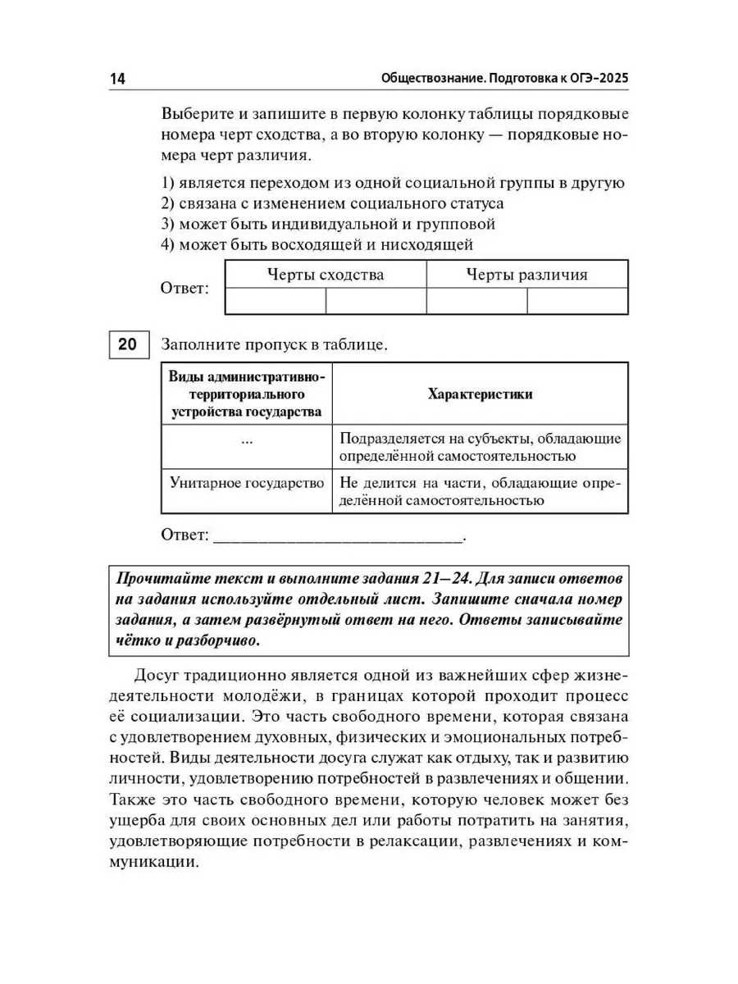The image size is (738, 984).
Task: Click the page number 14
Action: [x=116, y=79]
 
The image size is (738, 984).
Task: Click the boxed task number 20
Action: [x=126, y=345]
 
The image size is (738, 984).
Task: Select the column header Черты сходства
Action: [x=326, y=275]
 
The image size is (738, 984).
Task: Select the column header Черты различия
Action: [x=526, y=275]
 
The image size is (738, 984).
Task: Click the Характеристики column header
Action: [x=480, y=394]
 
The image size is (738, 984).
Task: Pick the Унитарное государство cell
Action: [x=247, y=483]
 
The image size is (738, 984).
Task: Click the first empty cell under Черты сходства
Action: [x=275, y=301]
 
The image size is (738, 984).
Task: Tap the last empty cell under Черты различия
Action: [x=577, y=301]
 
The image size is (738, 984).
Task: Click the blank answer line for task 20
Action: [x=338, y=538]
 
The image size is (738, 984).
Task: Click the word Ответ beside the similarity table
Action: [x=184, y=289]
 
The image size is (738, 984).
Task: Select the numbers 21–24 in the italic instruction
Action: [x=444, y=577]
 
